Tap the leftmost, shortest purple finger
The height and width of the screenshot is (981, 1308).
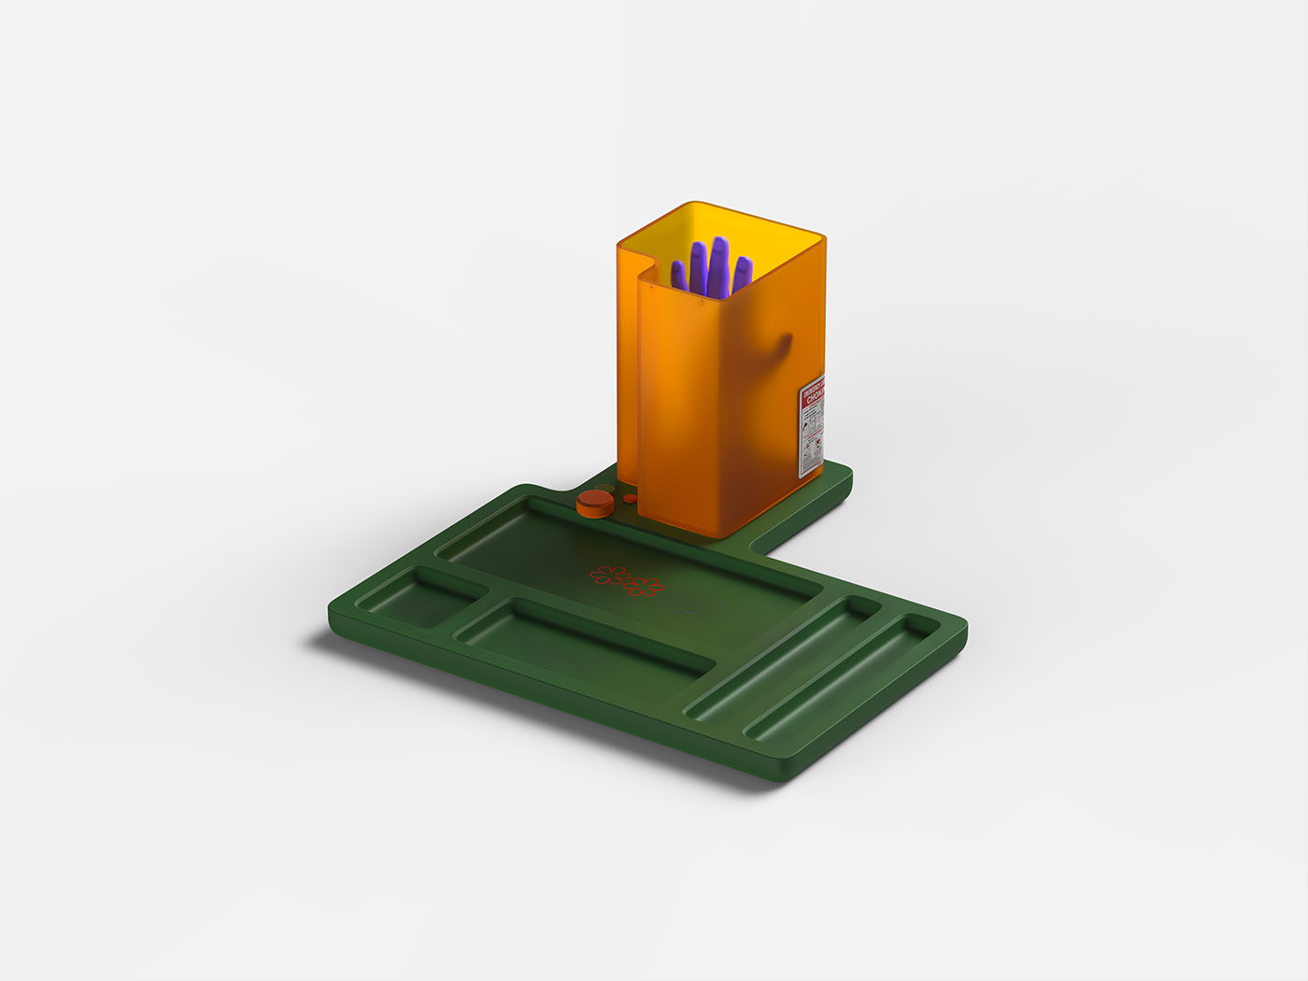click(679, 275)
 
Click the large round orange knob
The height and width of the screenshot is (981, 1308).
click(594, 504)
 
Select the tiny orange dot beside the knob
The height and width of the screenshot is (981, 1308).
click(631, 499)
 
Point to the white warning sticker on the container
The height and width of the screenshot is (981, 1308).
click(812, 429)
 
